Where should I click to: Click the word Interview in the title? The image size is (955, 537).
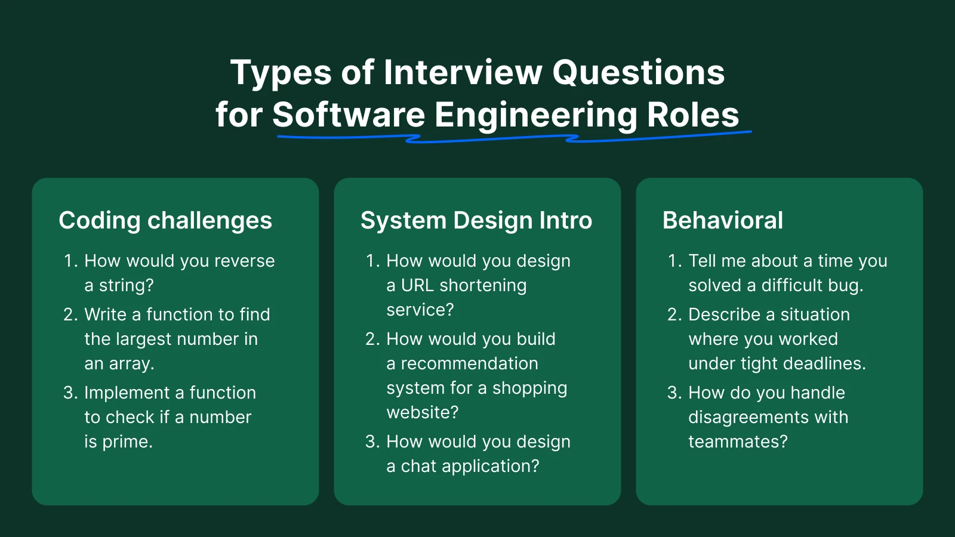[463, 72]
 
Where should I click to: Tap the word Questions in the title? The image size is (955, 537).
[639, 73]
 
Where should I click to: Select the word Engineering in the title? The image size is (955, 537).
[536, 116]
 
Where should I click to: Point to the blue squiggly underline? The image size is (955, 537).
[514, 137]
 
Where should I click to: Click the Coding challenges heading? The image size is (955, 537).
[165, 221]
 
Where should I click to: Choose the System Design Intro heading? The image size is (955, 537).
[476, 221]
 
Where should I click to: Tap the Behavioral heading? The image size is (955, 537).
[723, 220]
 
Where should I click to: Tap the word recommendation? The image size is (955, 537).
[469, 363]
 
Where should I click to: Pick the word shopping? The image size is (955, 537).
[530, 388]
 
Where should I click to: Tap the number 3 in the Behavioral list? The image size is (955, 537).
[672, 393]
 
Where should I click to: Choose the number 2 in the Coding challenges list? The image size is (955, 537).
[68, 314]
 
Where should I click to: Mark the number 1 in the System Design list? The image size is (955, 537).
[369, 261]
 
